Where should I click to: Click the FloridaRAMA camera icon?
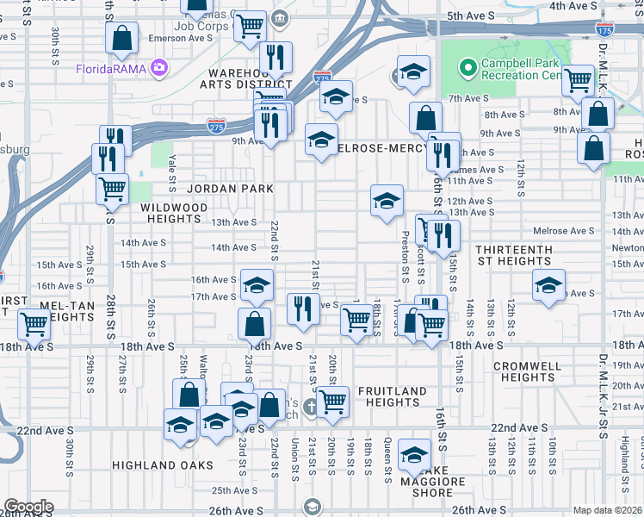(158, 67)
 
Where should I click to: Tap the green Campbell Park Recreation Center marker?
(468, 66)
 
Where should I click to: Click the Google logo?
(28, 507)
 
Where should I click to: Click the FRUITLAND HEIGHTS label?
(392, 396)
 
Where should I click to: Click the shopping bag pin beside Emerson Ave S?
(122, 37)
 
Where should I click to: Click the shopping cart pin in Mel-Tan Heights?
(34, 324)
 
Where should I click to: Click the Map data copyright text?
(608, 510)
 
